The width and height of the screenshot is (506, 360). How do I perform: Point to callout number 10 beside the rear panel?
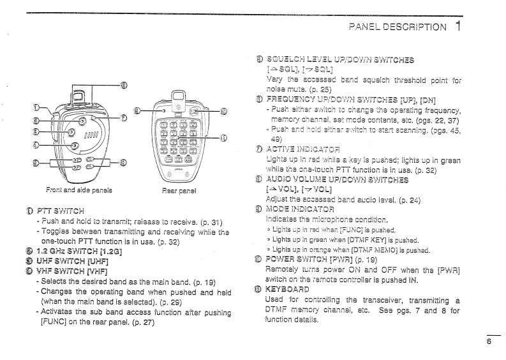click(223, 111)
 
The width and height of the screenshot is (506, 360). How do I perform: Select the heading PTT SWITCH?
click(58, 207)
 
